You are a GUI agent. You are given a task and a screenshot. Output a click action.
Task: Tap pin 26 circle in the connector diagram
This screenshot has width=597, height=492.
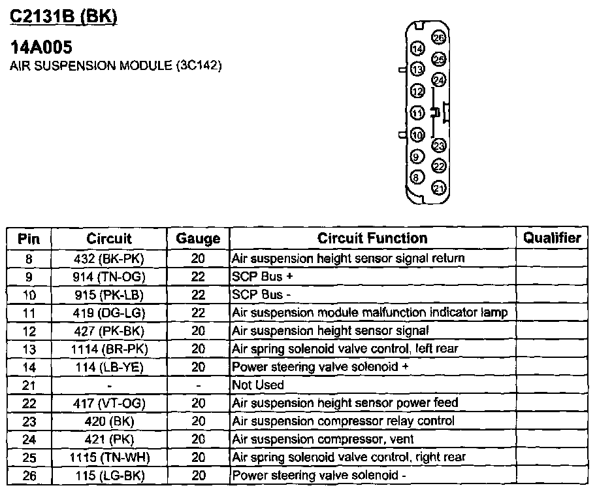(x=439, y=38)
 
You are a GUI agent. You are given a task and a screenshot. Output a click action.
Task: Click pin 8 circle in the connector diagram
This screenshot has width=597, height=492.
(x=417, y=177)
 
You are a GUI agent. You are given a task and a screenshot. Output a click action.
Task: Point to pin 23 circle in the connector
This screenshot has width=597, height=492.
(x=439, y=145)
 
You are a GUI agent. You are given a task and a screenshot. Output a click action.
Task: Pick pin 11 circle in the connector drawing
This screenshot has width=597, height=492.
(x=417, y=113)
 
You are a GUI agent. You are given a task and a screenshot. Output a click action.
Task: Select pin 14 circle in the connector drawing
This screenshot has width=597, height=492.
(x=417, y=48)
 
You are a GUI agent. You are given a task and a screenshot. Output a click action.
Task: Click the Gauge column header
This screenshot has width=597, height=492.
(x=198, y=239)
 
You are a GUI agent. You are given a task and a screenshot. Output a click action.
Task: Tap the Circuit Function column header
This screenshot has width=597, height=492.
(x=372, y=238)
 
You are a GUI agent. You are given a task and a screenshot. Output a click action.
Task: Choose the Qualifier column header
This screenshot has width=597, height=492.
(x=552, y=238)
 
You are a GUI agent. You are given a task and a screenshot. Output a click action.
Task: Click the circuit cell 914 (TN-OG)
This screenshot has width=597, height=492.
(x=108, y=277)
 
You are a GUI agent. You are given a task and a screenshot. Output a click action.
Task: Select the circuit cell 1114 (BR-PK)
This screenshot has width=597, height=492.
(x=108, y=349)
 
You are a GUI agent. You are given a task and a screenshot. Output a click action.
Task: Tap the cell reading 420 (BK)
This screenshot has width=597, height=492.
(x=108, y=421)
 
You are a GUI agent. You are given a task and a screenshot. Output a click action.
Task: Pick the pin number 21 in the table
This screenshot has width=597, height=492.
(x=28, y=385)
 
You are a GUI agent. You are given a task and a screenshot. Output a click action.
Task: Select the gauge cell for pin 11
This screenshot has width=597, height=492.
(x=198, y=313)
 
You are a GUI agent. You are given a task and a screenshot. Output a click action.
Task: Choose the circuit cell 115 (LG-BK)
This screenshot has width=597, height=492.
(x=108, y=475)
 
